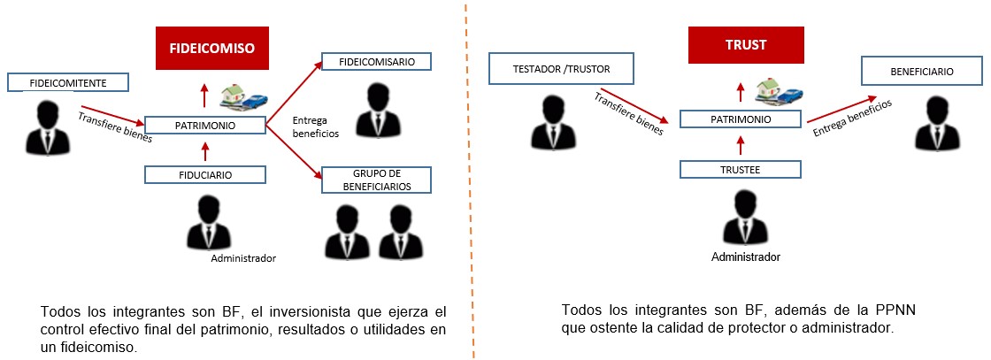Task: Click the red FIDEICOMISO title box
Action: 211,48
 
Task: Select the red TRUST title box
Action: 746,45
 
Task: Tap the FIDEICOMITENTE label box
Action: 68,83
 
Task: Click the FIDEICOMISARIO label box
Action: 377,62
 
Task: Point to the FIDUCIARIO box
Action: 204,175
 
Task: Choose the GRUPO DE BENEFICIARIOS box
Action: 377,180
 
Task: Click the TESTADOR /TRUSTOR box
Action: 561,70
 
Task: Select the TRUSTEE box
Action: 740,169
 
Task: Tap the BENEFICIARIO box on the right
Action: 922,72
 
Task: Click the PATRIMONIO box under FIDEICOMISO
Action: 204,125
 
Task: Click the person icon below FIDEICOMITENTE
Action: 45,128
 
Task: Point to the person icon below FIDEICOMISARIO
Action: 377,111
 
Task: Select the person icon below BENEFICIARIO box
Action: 937,123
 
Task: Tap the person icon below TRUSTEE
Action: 746,218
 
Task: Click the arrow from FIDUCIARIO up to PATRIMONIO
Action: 204,150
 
